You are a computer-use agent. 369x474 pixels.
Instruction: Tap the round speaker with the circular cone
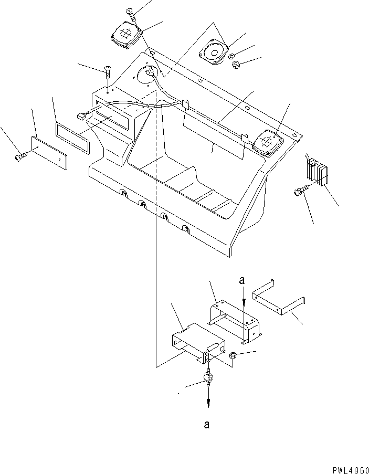click(x=212, y=53)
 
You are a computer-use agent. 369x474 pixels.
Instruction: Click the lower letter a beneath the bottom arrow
click(x=208, y=425)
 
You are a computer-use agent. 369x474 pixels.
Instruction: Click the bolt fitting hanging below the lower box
click(x=208, y=378)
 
